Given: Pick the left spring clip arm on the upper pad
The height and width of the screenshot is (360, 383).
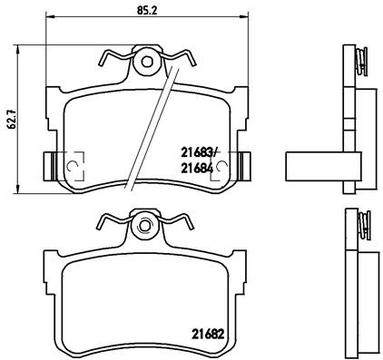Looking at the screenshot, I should point(111,61).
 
